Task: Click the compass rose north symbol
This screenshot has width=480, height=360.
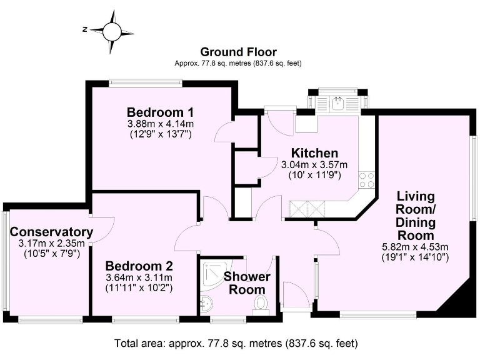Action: click(85, 30)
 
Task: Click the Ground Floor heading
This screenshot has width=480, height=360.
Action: click(239, 52)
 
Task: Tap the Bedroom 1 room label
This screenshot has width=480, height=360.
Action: click(161, 112)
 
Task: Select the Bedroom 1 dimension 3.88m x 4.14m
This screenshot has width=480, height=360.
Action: click(161, 124)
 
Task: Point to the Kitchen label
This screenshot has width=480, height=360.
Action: click(315, 153)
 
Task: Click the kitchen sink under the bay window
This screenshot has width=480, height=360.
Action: click(337, 103)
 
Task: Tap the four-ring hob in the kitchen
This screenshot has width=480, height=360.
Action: click(366, 180)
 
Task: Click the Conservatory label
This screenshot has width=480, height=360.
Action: click(51, 232)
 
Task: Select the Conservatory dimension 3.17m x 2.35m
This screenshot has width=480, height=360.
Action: click(52, 244)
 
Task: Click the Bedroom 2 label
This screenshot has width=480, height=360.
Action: click(139, 266)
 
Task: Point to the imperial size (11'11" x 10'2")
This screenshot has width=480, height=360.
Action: click(139, 287)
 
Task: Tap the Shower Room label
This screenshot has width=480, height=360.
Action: click(247, 283)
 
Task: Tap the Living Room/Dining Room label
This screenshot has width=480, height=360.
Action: click(416, 216)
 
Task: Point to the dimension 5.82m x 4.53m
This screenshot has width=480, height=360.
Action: click(416, 247)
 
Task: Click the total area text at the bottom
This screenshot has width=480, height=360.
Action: click(236, 343)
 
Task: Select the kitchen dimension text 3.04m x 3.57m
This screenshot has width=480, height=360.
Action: click(314, 165)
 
